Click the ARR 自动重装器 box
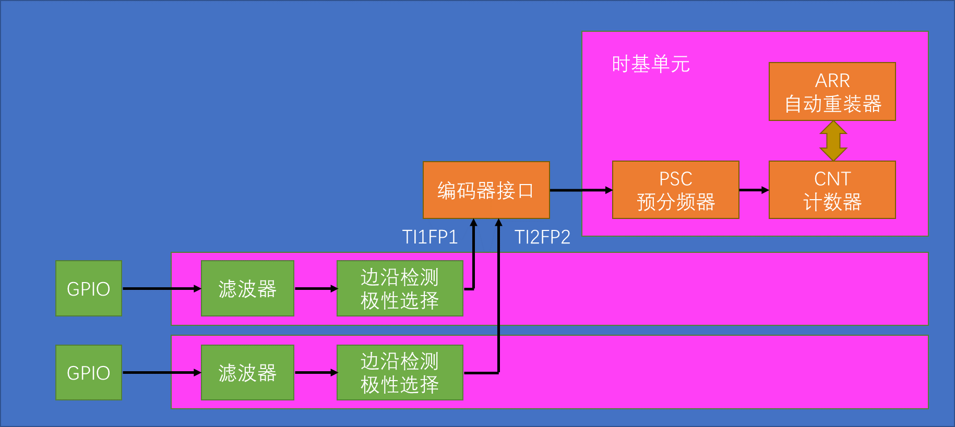click(x=832, y=92)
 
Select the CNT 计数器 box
click(x=832, y=190)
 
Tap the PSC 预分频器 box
click(x=675, y=190)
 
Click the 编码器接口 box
click(x=486, y=190)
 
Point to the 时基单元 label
click(x=650, y=64)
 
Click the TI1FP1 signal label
click(x=430, y=237)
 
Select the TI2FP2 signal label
click(x=542, y=237)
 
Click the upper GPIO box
click(x=89, y=288)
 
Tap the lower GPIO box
click(x=89, y=372)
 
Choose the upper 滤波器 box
click(x=247, y=288)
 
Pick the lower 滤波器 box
click(x=247, y=372)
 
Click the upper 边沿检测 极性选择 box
click(x=400, y=288)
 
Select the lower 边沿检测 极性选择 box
click(x=400, y=372)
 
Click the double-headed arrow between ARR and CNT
click(x=833, y=141)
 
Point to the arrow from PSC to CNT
click(x=754, y=190)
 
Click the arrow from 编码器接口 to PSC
click(x=581, y=190)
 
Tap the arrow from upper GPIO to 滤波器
click(x=161, y=288)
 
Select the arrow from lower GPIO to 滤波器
click(x=161, y=372)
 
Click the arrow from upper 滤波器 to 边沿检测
click(x=316, y=288)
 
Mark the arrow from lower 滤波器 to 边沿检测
click(x=316, y=372)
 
